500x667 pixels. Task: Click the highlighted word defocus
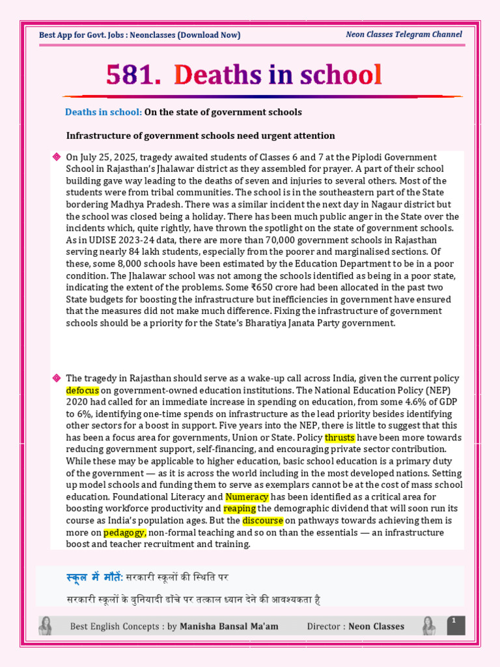point(83,390)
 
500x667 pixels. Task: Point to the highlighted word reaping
point(240,508)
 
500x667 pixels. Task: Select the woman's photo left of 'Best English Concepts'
point(46,626)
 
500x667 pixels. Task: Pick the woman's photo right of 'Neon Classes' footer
point(428,626)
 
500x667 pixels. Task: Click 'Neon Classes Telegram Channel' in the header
point(404,35)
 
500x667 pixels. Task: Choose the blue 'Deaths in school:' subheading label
point(103,112)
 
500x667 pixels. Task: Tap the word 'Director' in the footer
point(324,627)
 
